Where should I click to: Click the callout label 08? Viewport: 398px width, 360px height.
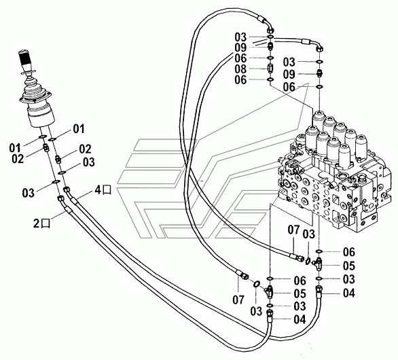point(240,69)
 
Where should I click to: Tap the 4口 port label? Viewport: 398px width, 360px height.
point(103,190)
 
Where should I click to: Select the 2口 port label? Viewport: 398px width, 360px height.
point(42,223)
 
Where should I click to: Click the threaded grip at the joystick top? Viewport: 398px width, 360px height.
point(25,58)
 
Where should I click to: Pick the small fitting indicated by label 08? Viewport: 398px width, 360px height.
point(270,69)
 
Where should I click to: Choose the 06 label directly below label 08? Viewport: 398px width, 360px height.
point(240,79)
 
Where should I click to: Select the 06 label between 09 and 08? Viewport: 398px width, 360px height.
point(240,58)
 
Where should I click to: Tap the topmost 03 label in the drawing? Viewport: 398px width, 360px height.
point(240,37)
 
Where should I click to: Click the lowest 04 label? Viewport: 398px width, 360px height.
point(300,320)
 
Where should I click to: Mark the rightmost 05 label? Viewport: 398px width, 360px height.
point(349,266)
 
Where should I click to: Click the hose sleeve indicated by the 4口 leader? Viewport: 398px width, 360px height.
point(74,201)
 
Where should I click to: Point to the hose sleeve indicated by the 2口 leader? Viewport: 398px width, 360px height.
point(67,210)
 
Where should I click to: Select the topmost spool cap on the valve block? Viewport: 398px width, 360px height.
point(319,118)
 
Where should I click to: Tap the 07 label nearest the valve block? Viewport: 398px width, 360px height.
point(293,230)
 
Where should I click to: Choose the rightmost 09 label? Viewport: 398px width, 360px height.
point(289,74)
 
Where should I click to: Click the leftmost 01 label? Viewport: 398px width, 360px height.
point(15,147)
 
